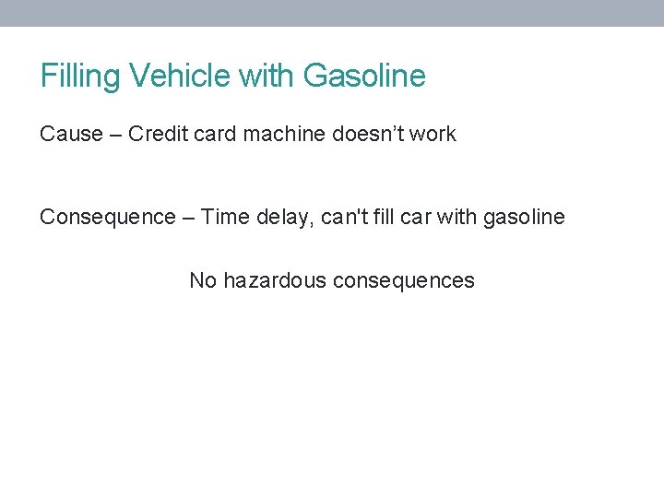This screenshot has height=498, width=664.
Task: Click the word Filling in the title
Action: coord(70,76)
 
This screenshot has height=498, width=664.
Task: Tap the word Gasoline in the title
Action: coord(364,76)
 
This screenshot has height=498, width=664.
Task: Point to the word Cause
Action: coord(71,134)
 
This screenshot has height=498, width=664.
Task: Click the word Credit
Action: coord(157,134)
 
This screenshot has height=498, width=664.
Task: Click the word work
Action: coord(433,134)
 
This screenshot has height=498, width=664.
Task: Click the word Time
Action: coord(223,217)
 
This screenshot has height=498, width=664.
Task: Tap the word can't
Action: coord(342,217)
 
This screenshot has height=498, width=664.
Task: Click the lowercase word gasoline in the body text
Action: coord(524,218)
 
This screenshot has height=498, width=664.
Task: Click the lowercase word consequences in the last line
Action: coord(403,280)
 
